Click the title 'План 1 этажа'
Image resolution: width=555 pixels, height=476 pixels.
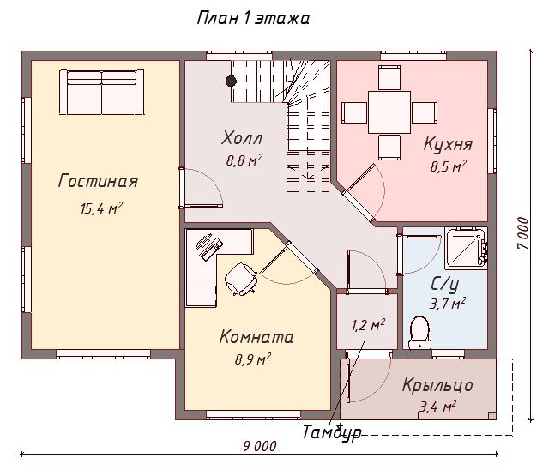[253, 18]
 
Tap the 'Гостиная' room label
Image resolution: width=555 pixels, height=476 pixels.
[98, 181]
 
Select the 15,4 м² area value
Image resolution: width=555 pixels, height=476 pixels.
[101, 208]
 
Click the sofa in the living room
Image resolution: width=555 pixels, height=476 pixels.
[102, 92]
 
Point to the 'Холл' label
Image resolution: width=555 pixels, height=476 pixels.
[242, 138]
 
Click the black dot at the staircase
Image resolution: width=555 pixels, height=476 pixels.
[231, 81]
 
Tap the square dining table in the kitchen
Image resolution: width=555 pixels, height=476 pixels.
[389, 112]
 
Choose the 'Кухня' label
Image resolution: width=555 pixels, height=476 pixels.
[448, 144]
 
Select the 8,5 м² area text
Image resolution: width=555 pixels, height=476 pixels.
[449, 166]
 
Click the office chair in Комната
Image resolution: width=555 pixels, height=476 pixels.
[241, 279]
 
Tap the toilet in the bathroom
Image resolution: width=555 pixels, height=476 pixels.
[419, 333]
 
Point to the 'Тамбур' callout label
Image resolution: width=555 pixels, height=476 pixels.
[332, 432]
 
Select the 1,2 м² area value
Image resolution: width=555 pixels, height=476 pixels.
[368, 325]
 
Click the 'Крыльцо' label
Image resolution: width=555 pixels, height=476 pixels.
[437, 385]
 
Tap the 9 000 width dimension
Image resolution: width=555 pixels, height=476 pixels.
[260, 446]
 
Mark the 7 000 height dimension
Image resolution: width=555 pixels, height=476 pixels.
[522, 233]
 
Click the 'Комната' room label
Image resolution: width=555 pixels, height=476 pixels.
[256, 337]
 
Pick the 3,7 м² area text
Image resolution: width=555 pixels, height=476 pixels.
[448, 304]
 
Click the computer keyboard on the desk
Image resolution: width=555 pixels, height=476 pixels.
[212, 250]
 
